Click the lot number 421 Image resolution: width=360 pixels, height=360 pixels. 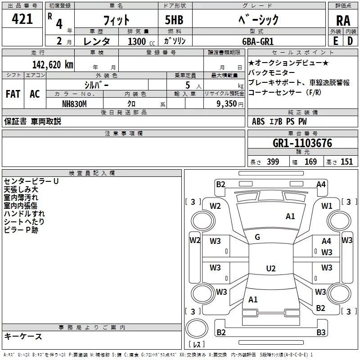pos(22,19)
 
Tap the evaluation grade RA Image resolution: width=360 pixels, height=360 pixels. pos(343,21)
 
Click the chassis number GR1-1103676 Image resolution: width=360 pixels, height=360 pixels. pos(302,143)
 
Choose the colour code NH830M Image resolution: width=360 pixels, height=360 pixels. pos(74,103)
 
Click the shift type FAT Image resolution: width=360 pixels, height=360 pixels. pos(13,94)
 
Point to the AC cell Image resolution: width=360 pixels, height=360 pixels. pos(35,94)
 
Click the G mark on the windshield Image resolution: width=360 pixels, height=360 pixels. pos(257,237)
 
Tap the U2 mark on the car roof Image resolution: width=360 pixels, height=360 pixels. pos(270,269)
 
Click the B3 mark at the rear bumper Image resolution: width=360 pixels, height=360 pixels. pos(321,333)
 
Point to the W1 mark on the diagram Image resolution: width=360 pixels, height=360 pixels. pos(327,206)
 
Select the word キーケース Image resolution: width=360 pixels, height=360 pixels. pos(23,336)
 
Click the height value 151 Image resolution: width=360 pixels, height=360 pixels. pos(346,162)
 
